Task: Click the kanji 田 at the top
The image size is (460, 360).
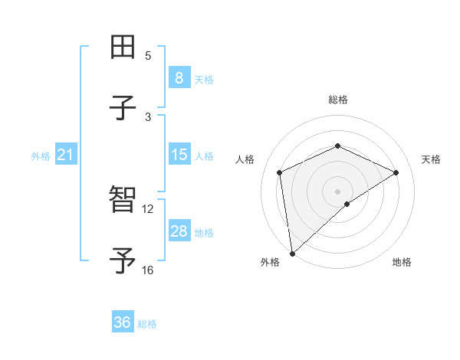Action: pos(123,47)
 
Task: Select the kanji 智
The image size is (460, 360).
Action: pos(123,200)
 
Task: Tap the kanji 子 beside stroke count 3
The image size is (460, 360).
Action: pos(123,108)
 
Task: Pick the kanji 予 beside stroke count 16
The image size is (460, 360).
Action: pos(123,261)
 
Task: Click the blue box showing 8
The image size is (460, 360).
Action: pos(179,78)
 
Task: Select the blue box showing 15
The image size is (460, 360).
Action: pos(179,155)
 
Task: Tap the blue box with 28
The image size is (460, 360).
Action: pos(179,231)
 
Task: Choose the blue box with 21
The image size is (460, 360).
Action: pos(66,155)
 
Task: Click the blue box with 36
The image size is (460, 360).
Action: pos(123,323)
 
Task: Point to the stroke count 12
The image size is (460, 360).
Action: pos(148,208)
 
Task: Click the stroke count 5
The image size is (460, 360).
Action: pos(148,55)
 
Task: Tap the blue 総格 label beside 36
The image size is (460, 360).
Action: pos(147,324)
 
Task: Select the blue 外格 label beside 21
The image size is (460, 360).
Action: pos(41,156)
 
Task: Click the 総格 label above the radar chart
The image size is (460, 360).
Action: pos(338,100)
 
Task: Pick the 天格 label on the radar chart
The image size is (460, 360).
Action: pos(432,159)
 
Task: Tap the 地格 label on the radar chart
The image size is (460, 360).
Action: pos(402,262)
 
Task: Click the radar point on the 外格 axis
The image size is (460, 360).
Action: pos(292,254)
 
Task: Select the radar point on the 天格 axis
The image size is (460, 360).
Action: pos(396,172)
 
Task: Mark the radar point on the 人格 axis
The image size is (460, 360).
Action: pos(280,172)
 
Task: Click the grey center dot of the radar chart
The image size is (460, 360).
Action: pos(338,191)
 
